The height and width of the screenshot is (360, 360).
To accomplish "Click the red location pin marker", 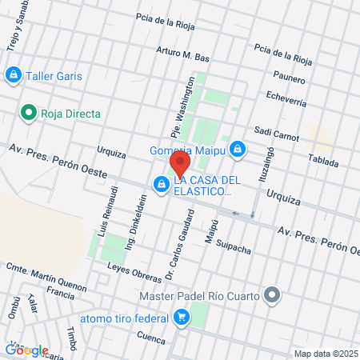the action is (x=178, y=165).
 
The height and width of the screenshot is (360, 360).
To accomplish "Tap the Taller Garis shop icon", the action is (x=13, y=76).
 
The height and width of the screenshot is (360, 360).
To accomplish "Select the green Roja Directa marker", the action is (x=29, y=114).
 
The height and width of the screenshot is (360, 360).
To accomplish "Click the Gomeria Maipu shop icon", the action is (x=238, y=148).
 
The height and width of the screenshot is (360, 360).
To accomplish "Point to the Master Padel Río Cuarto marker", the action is (x=273, y=296).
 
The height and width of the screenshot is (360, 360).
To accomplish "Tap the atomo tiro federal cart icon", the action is (x=182, y=318).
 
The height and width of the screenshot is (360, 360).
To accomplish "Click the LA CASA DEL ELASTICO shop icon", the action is (x=162, y=186).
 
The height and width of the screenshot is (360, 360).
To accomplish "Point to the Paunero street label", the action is (x=288, y=78).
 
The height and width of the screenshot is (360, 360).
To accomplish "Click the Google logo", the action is (x=26, y=350).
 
